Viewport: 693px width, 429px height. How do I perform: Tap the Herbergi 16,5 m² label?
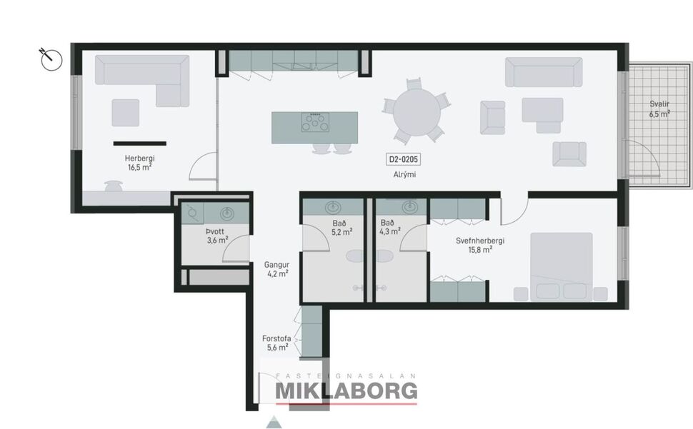click(139, 163)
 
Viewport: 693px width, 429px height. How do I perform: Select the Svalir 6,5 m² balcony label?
click(659, 108)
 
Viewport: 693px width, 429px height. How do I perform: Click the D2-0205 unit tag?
click(404, 160)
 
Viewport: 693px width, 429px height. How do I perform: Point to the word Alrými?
click(404, 175)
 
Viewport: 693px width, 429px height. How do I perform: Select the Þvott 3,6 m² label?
click(217, 236)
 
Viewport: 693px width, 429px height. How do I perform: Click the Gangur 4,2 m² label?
click(276, 268)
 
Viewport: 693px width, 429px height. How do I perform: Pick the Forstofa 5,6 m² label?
click(276, 343)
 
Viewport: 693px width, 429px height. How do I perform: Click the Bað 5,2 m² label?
click(341, 228)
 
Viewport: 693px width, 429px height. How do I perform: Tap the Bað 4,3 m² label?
click(390, 226)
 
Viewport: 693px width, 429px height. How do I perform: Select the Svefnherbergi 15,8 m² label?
click(480, 245)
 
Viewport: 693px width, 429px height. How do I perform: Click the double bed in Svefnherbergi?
click(561, 265)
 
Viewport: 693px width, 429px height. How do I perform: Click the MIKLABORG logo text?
click(346, 390)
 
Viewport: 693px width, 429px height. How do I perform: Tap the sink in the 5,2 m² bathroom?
click(333, 208)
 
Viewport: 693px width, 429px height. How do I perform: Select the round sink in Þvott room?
click(228, 212)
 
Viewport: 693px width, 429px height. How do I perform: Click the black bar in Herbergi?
click(139, 143)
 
